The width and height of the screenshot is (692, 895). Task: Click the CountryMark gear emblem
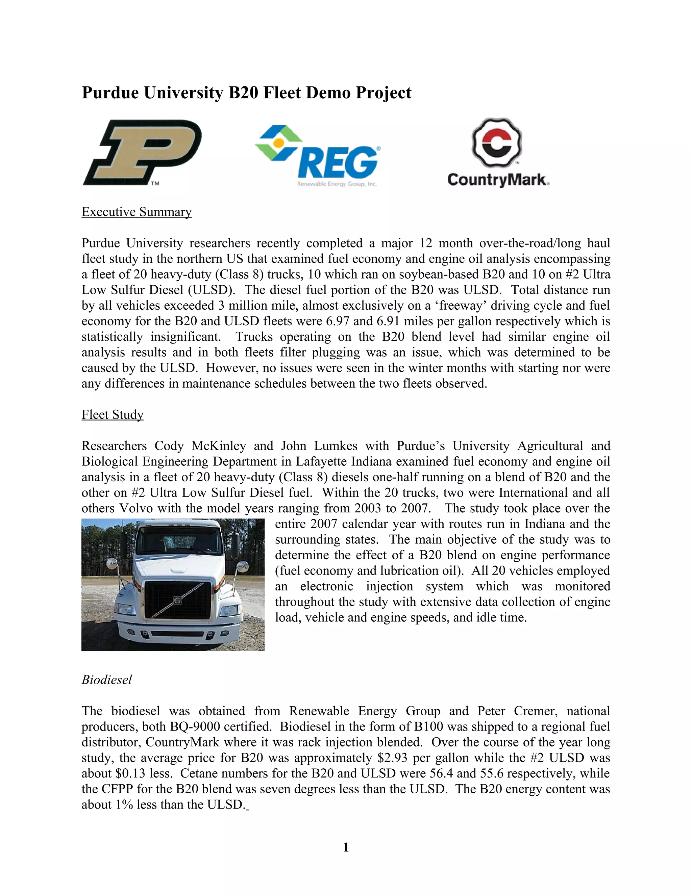click(497, 143)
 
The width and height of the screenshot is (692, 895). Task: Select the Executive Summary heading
click(137, 212)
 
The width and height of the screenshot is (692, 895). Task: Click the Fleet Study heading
click(112, 415)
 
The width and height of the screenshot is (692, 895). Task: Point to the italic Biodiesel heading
click(106, 680)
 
